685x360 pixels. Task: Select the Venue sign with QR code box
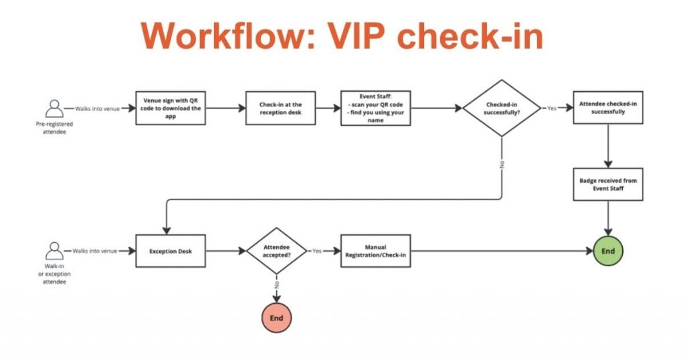(x=171, y=108)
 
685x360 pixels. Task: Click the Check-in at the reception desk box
(x=280, y=108)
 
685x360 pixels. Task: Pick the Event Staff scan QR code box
(x=375, y=108)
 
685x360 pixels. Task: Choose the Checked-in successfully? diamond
(x=501, y=108)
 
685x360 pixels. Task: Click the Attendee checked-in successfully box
(x=608, y=108)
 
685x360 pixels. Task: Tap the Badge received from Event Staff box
(x=608, y=184)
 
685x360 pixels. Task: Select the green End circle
(x=608, y=252)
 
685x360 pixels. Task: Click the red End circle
(x=276, y=319)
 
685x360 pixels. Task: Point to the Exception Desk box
(x=171, y=252)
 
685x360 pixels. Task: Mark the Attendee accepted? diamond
(x=276, y=252)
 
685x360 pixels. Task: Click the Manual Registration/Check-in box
(x=375, y=252)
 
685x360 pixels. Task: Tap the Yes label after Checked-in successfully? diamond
(x=552, y=108)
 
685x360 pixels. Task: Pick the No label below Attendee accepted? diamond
(x=276, y=284)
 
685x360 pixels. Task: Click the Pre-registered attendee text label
(x=53, y=128)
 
